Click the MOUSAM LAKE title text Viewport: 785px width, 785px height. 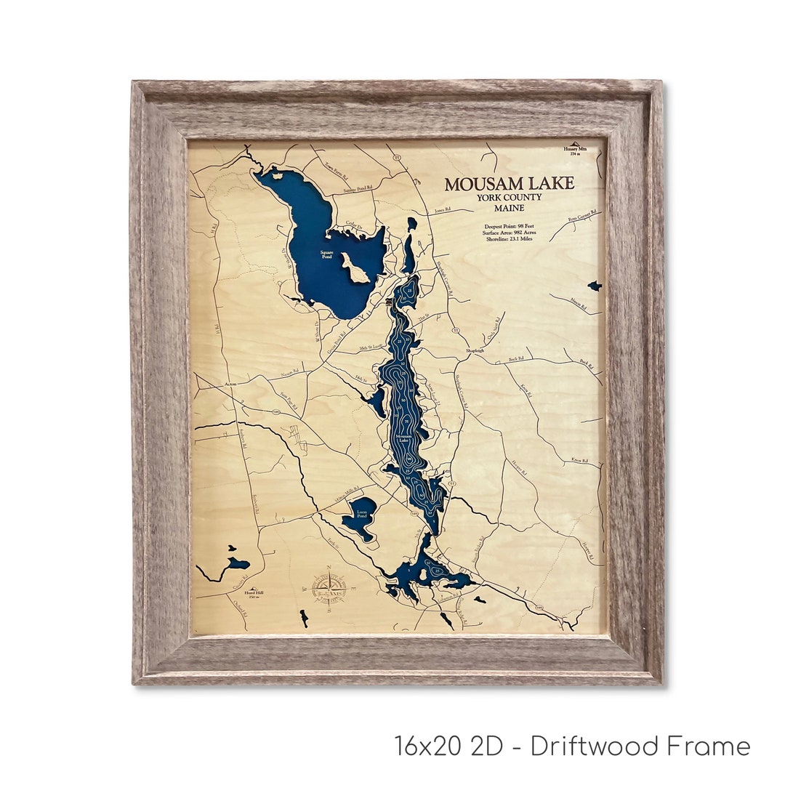510,184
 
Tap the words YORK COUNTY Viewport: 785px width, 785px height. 510,198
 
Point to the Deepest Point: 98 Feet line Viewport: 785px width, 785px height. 510,227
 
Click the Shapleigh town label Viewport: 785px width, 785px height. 475,350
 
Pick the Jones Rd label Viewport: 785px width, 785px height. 443,209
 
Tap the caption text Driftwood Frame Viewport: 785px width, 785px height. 640,746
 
